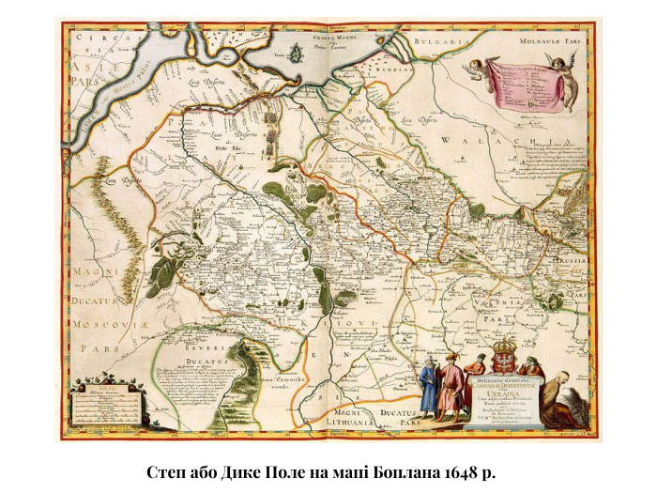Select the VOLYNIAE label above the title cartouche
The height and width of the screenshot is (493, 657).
point(507,306)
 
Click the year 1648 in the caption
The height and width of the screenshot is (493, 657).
point(463,470)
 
